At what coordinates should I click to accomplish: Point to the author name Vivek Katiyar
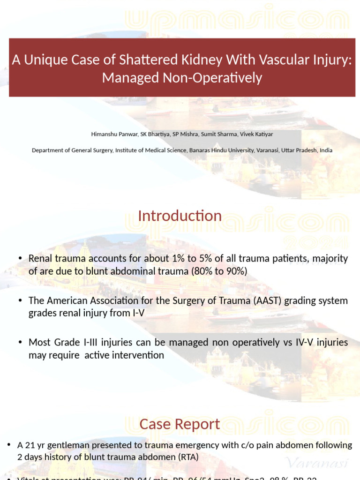(256, 134)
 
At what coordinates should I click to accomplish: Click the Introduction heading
(180, 216)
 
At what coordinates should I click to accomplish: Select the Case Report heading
(180, 424)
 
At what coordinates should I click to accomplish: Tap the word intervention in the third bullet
(140, 355)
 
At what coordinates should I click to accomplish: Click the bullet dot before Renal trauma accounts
(20, 259)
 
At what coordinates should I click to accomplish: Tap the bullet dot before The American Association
(20, 301)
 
